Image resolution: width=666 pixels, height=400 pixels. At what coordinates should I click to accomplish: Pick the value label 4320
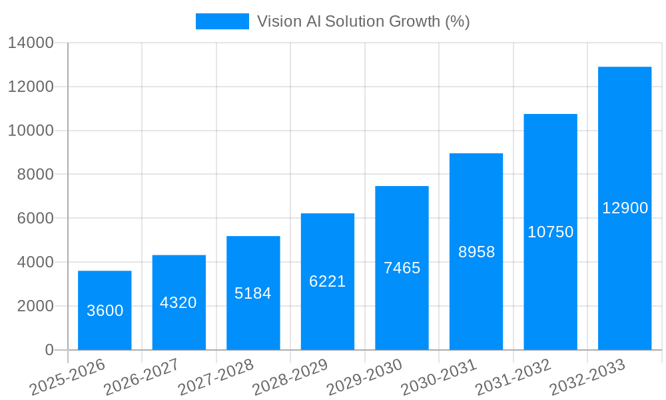(178, 303)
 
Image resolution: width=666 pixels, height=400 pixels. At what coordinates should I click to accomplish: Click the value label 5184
(253, 293)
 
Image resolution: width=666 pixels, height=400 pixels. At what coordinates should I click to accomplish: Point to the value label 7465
(402, 268)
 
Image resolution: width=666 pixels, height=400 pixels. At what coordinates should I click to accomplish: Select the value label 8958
(477, 252)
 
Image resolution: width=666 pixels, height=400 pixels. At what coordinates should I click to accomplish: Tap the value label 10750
(551, 232)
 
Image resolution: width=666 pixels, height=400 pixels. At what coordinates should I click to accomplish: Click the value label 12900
(625, 208)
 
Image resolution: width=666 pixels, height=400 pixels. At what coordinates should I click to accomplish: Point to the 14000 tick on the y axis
(31, 43)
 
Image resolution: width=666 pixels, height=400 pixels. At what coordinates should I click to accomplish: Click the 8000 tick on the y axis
(36, 175)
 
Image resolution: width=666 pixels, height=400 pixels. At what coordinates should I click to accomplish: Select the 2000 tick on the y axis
(36, 306)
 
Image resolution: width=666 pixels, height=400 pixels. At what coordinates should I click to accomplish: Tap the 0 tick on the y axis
(49, 350)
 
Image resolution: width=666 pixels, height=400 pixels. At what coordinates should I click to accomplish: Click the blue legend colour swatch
(222, 21)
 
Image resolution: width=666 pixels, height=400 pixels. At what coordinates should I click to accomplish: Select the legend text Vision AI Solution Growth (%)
(364, 21)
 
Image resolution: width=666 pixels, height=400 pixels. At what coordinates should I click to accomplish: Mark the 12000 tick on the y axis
(31, 87)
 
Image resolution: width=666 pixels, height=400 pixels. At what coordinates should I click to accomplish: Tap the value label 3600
(105, 311)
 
